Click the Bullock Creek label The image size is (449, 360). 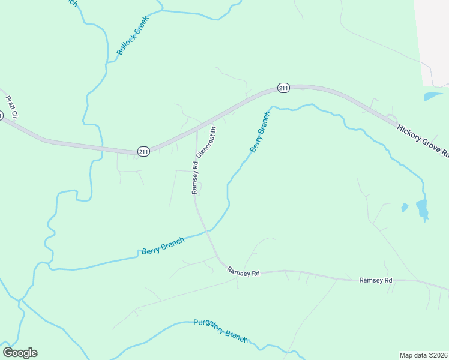[x=132, y=36]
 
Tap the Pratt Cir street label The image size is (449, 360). [x=11, y=107]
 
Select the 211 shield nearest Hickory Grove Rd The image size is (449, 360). [x=284, y=88]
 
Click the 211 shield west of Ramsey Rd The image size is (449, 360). [x=143, y=152]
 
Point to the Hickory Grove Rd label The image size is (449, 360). [x=423, y=140]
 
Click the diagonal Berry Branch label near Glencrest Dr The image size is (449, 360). [x=261, y=131]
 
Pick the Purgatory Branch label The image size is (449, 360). [x=220, y=331]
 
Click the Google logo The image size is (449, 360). [x=20, y=353]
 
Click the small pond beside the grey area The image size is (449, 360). [x=432, y=95]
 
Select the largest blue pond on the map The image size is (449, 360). [x=422, y=209]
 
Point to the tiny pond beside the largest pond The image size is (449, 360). [x=404, y=208]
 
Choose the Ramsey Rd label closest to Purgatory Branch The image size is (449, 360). [x=243, y=272]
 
